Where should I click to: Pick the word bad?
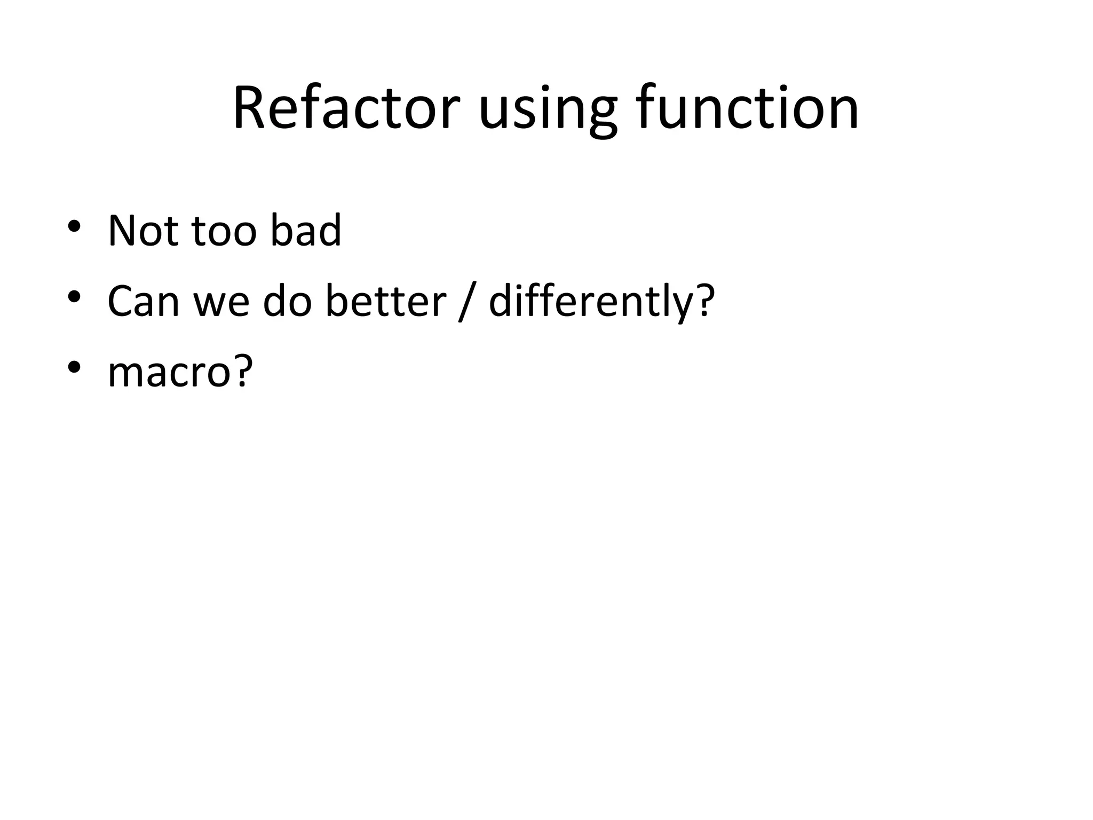tap(305, 231)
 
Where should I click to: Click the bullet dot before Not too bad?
tap(74, 227)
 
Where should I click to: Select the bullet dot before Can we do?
tap(74, 297)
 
